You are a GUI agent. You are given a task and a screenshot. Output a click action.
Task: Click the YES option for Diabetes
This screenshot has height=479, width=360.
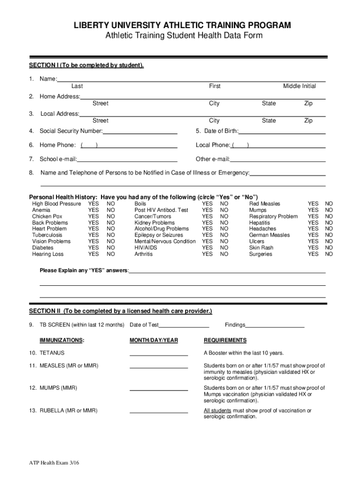click(x=94, y=248)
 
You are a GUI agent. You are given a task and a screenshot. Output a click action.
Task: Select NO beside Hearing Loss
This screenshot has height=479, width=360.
click(x=111, y=254)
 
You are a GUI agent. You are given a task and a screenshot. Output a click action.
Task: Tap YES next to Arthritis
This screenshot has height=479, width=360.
click(x=207, y=254)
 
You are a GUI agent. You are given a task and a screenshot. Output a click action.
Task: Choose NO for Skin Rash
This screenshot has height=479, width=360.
click(x=329, y=248)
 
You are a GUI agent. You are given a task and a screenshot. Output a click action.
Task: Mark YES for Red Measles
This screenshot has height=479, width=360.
click(x=313, y=204)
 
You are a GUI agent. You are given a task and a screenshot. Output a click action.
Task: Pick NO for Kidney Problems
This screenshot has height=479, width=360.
click(x=224, y=223)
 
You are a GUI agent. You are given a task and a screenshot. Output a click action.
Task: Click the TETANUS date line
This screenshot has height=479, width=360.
click(x=158, y=355)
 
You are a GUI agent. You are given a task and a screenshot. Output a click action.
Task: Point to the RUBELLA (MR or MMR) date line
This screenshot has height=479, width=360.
click(x=158, y=413)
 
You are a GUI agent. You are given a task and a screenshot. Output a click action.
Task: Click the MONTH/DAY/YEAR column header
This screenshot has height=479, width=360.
click(x=154, y=340)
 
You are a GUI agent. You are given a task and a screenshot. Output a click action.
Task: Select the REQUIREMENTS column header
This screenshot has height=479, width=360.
click(x=225, y=340)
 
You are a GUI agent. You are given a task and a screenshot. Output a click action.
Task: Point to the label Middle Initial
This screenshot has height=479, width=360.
click(x=299, y=86)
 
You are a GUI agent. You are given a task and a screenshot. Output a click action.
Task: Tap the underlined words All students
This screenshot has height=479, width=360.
click(x=217, y=411)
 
